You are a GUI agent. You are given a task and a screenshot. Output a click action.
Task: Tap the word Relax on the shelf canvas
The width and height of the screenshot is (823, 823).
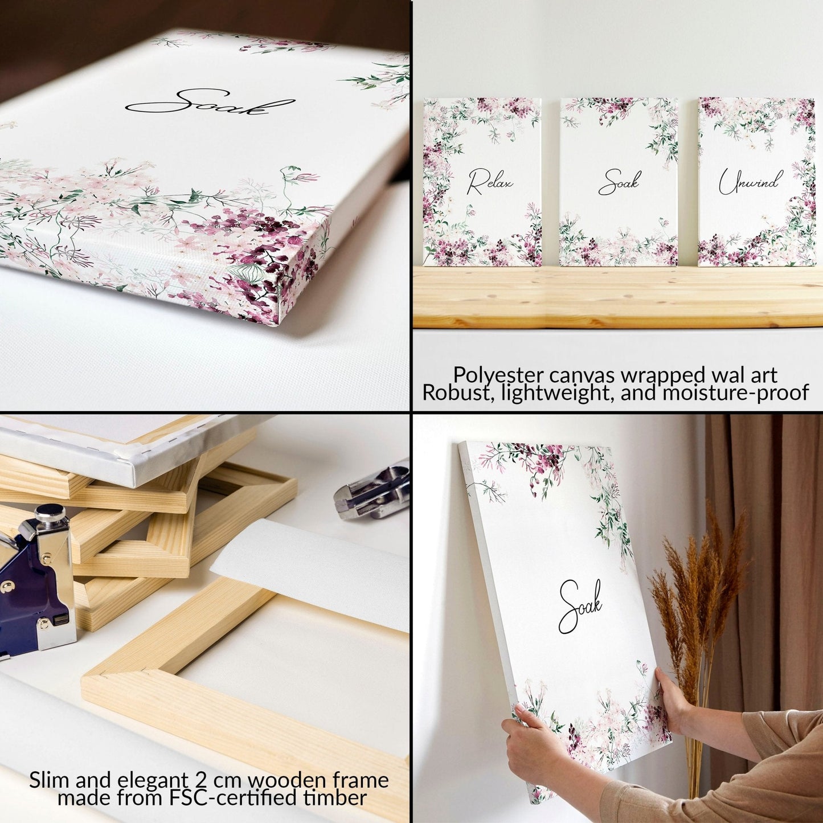(x=490, y=182)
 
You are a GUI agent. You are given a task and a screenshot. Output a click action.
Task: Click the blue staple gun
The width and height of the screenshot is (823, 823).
(x=37, y=587)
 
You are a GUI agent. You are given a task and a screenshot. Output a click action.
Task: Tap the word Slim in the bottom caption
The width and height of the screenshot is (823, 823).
(x=50, y=780)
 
